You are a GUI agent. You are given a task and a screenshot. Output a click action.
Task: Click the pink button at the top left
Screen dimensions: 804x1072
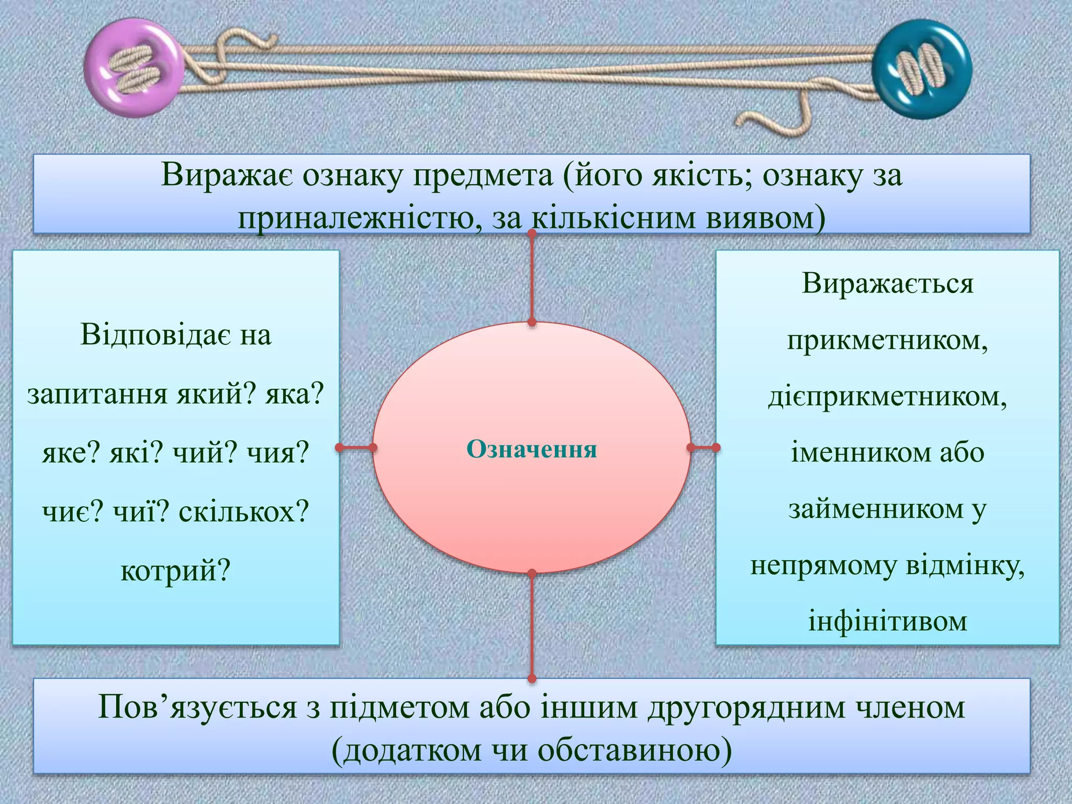point(134,68)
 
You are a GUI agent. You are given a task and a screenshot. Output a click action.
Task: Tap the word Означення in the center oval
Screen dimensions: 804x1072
point(531,449)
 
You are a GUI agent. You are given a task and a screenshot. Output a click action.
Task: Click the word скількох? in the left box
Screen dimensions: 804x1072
point(244,511)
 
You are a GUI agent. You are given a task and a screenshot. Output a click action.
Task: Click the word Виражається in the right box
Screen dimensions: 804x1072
point(887,284)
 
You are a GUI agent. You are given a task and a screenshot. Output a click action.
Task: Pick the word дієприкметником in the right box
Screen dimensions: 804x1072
point(887,396)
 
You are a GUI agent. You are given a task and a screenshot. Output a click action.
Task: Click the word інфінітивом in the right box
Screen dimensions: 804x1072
point(887,621)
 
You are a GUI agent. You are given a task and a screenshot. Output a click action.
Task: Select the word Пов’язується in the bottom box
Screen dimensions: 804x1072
point(197,708)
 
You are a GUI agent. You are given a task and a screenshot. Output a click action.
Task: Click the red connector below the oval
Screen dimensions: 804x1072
point(532,626)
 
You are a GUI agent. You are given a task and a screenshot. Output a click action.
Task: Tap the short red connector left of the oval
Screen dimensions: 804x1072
point(356,448)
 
